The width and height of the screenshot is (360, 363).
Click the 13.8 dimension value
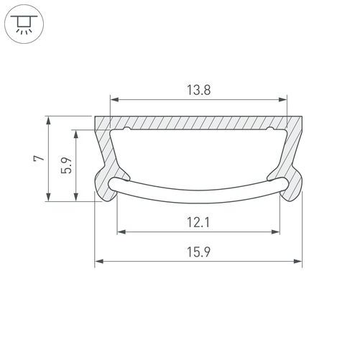coord(198,90)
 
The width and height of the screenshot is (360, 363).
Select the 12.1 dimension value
coord(198,222)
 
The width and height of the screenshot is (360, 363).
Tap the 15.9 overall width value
coord(198,252)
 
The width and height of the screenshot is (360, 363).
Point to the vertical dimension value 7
coord(39,158)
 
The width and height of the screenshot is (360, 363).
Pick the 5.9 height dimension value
coord(66,165)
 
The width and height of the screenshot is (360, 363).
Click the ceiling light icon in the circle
coord(24,24)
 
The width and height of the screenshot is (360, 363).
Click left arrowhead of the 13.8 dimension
coord(114,99)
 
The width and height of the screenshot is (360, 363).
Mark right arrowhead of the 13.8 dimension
coord(283,99)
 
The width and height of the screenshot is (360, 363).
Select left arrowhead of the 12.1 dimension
coord(121,231)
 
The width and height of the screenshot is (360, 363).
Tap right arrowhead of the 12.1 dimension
coord(276,231)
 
